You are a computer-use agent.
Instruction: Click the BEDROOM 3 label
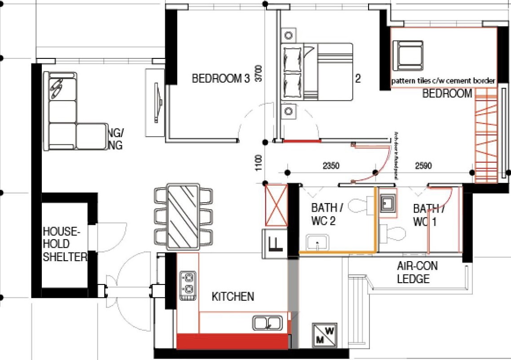click(x=220, y=79)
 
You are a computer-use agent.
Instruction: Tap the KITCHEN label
click(x=233, y=297)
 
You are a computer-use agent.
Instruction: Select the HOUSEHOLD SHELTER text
click(x=64, y=244)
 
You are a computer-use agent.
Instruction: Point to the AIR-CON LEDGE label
click(x=417, y=272)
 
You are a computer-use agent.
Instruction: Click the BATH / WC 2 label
click(x=327, y=214)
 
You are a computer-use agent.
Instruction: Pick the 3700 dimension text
click(x=258, y=73)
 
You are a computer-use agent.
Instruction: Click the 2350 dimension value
click(x=331, y=166)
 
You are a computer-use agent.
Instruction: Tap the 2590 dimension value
click(x=423, y=166)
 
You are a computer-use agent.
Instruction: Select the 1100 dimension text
click(x=258, y=163)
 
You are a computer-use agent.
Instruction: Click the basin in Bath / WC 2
click(x=318, y=243)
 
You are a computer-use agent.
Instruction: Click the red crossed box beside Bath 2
click(x=276, y=204)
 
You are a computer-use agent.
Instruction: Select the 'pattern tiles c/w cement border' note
click(x=443, y=81)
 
